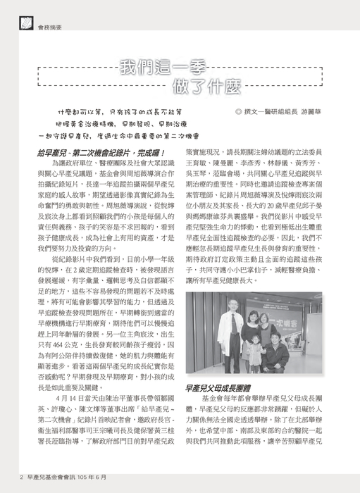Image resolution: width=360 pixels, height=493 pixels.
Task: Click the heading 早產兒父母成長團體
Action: (219, 388)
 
